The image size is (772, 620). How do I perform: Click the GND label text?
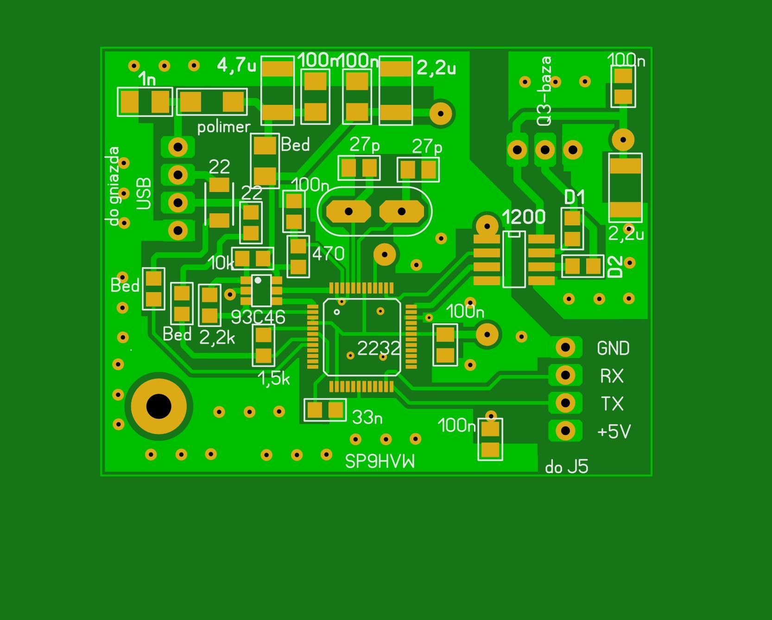pyautogui.click(x=613, y=348)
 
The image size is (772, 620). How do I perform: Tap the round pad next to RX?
pyautogui.click(x=565, y=375)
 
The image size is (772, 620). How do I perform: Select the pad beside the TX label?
pyautogui.click(x=565, y=403)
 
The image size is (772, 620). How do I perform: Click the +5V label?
pyautogui.click(x=614, y=432)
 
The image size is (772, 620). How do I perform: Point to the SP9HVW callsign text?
pyautogui.click(x=380, y=461)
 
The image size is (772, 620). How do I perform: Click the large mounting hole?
pyautogui.click(x=158, y=406)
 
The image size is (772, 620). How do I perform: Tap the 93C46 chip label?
pyautogui.click(x=258, y=317)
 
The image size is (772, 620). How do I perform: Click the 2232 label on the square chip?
pyautogui.click(x=379, y=348)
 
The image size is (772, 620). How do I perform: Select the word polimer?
pyautogui.click(x=224, y=127)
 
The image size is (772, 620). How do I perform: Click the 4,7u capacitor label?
pyautogui.click(x=236, y=65)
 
